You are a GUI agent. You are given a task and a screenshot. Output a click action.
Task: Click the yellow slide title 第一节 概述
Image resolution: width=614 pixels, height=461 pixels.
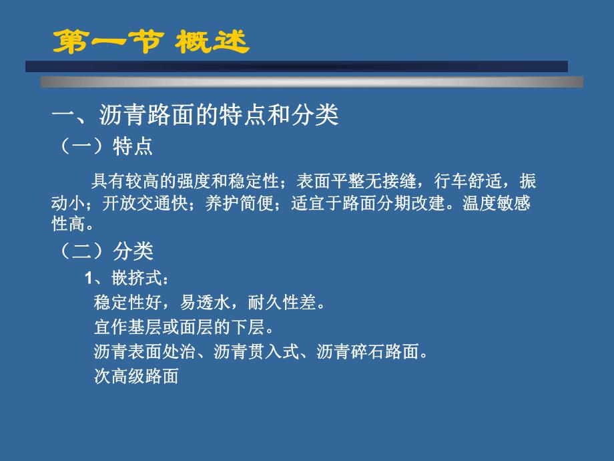click(x=151, y=41)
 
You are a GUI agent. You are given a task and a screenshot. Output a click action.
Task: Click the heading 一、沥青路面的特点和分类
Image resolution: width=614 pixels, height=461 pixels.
click(x=196, y=114)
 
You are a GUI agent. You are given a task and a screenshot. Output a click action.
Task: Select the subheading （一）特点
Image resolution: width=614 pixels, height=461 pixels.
click(x=107, y=147)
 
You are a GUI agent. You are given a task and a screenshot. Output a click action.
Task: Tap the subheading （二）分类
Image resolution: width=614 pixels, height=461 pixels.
click(x=107, y=251)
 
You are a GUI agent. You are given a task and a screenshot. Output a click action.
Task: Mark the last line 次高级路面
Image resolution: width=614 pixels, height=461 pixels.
click(x=137, y=376)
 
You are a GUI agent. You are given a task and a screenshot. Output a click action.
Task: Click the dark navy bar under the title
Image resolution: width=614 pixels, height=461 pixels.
click(x=296, y=66)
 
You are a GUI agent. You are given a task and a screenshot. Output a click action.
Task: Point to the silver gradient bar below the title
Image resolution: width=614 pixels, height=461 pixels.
click(x=311, y=82)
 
